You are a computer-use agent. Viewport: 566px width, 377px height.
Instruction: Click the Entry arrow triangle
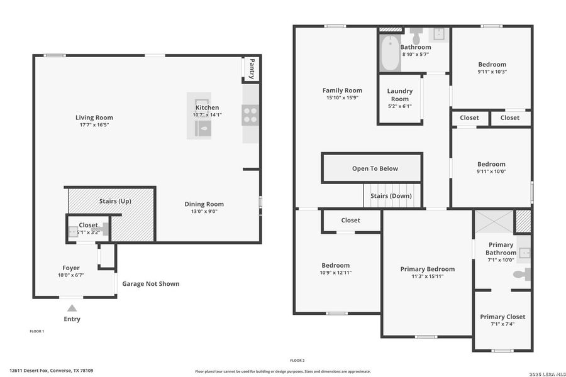72,308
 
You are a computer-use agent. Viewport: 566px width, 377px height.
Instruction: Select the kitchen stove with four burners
250,115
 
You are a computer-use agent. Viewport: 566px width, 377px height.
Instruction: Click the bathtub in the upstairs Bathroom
390,54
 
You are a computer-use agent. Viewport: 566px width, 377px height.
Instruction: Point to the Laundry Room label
399,95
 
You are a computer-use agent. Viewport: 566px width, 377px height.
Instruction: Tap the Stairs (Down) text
391,196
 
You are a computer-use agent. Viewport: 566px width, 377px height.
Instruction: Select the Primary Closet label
502,317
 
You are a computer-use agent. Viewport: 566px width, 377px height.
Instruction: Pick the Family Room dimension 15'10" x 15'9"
342,97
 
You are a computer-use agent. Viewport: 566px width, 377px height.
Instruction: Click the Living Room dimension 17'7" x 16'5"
94,125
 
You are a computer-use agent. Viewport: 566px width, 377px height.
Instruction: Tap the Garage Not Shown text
150,284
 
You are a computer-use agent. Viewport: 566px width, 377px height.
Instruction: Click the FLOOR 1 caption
37,331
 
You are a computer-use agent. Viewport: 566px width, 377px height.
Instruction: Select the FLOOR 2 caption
297,360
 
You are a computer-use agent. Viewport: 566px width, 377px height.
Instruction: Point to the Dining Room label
204,204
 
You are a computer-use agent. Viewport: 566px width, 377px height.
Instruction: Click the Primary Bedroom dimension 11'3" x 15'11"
427,276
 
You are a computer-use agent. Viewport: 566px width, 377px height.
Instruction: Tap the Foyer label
71,268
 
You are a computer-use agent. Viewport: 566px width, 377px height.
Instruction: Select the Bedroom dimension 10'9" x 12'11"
335,272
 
